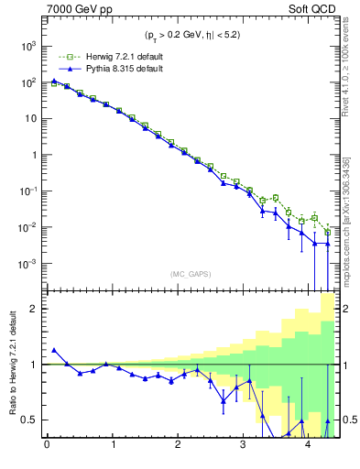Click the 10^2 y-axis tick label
click(28, 82)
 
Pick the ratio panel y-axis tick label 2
click(35, 309)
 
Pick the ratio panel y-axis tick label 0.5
click(30, 420)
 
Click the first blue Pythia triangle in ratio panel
click(54, 350)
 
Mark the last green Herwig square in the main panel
click(328, 232)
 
